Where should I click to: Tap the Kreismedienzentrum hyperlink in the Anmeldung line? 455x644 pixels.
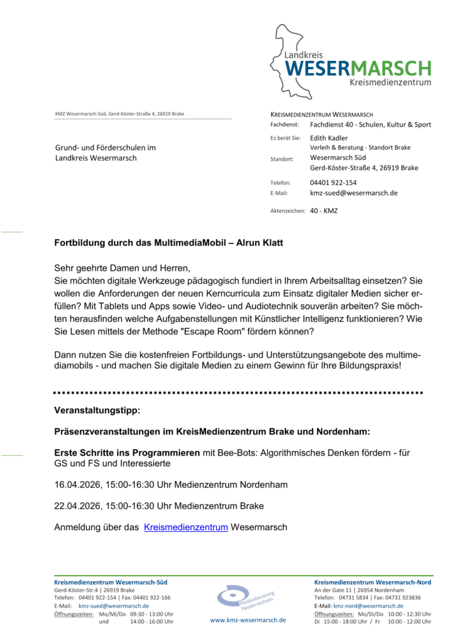point(185,528)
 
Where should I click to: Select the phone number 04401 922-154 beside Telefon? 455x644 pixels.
point(333,182)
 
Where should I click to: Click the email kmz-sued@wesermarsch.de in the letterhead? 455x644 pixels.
point(353,193)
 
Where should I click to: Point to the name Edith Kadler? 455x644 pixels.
point(329,138)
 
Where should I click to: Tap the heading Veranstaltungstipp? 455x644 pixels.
point(97,410)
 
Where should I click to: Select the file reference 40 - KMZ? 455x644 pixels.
point(324,211)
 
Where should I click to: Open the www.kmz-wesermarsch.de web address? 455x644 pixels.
point(248,620)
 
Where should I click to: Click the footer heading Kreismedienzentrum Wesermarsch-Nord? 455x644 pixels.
point(372,582)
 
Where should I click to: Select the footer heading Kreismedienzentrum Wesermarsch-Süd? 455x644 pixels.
point(111,582)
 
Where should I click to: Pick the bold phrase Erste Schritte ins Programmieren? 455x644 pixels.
point(127,452)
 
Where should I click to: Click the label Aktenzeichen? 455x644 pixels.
point(287,211)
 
